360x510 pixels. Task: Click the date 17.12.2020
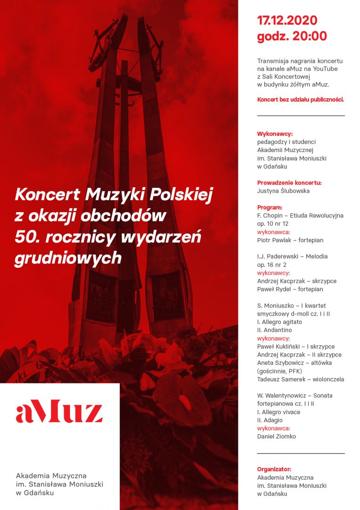tap(287, 20)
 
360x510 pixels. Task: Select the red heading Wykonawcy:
tap(275, 134)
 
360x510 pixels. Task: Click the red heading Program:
tap(270, 207)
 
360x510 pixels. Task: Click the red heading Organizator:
tap(274, 469)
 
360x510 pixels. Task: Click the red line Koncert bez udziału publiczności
tap(301, 100)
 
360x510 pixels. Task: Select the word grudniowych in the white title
tap(68, 258)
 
